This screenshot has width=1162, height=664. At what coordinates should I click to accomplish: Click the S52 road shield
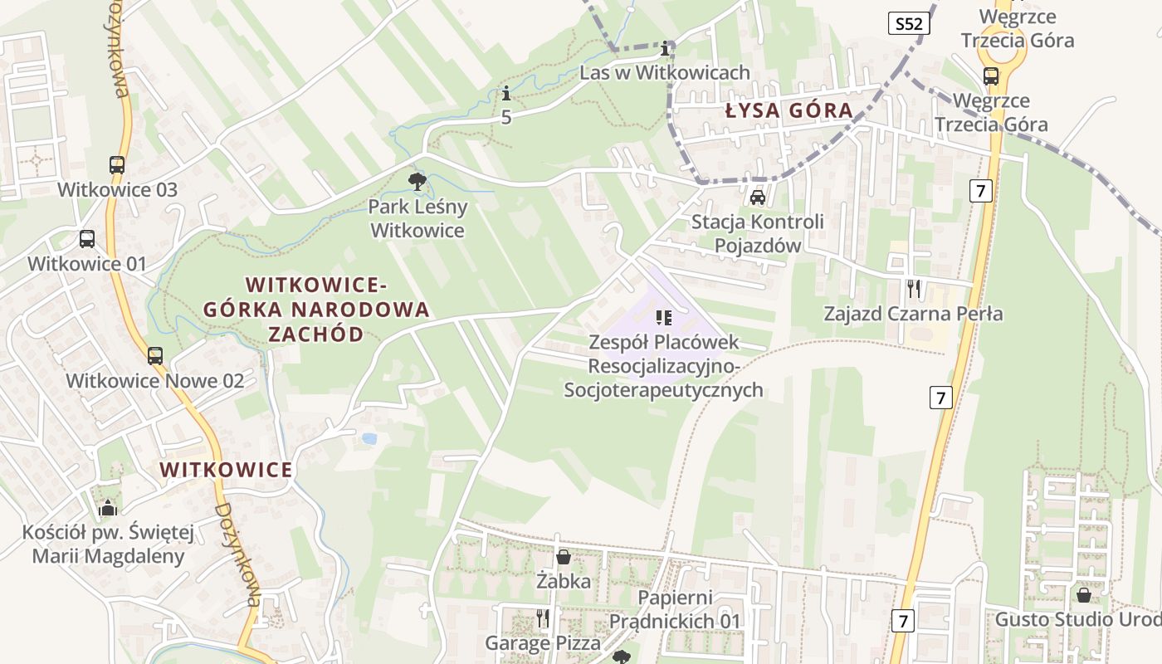(x=909, y=23)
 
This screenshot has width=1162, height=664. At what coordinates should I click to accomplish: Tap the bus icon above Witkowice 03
(x=117, y=165)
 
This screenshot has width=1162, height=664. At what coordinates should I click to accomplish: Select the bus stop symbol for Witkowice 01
(x=87, y=239)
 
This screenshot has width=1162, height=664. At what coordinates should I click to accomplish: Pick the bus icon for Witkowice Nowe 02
(x=155, y=356)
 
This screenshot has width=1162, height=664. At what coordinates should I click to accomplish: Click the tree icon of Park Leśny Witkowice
(x=417, y=181)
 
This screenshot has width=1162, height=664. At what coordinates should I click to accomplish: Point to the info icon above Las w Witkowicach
(x=665, y=48)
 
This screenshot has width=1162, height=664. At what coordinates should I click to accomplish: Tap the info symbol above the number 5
(x=506, y=94)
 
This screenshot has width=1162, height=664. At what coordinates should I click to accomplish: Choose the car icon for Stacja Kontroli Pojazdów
(x=757, y=198)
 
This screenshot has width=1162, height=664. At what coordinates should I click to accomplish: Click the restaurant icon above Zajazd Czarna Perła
(x=914, y=289)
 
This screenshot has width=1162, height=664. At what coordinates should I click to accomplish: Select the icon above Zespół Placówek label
(x=663, y=317)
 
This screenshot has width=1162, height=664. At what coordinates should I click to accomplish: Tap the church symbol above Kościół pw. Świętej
(x=108, y=507)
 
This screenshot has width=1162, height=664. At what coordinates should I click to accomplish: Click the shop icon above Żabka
(x=564, y=557)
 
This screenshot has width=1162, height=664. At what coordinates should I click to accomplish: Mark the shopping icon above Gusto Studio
(x=1083, y=595)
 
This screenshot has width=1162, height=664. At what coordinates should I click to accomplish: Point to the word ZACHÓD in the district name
(x=316, y=334)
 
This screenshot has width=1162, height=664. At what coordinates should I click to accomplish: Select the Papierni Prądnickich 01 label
(x=675, y=609)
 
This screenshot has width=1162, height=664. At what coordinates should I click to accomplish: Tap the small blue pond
(x=369, y=437)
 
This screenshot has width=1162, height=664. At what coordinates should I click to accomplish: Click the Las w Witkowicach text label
(x=665, y=72)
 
